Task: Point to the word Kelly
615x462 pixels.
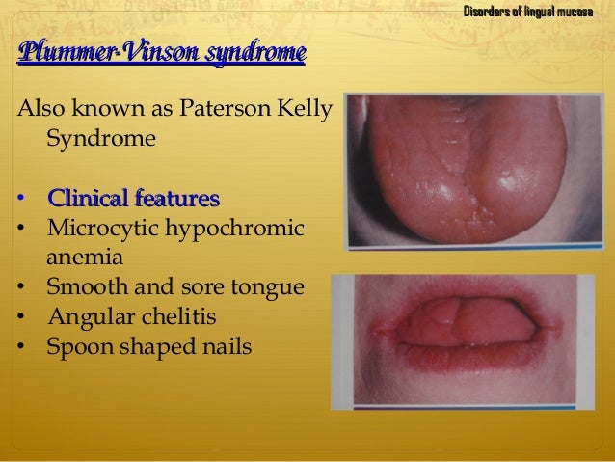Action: (x=301, y=109)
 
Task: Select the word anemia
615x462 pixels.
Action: (x=82, y=258)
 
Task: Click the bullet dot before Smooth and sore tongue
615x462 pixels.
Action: (x=21, y=287)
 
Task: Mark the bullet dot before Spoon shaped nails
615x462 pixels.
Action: (x=21, y=345)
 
